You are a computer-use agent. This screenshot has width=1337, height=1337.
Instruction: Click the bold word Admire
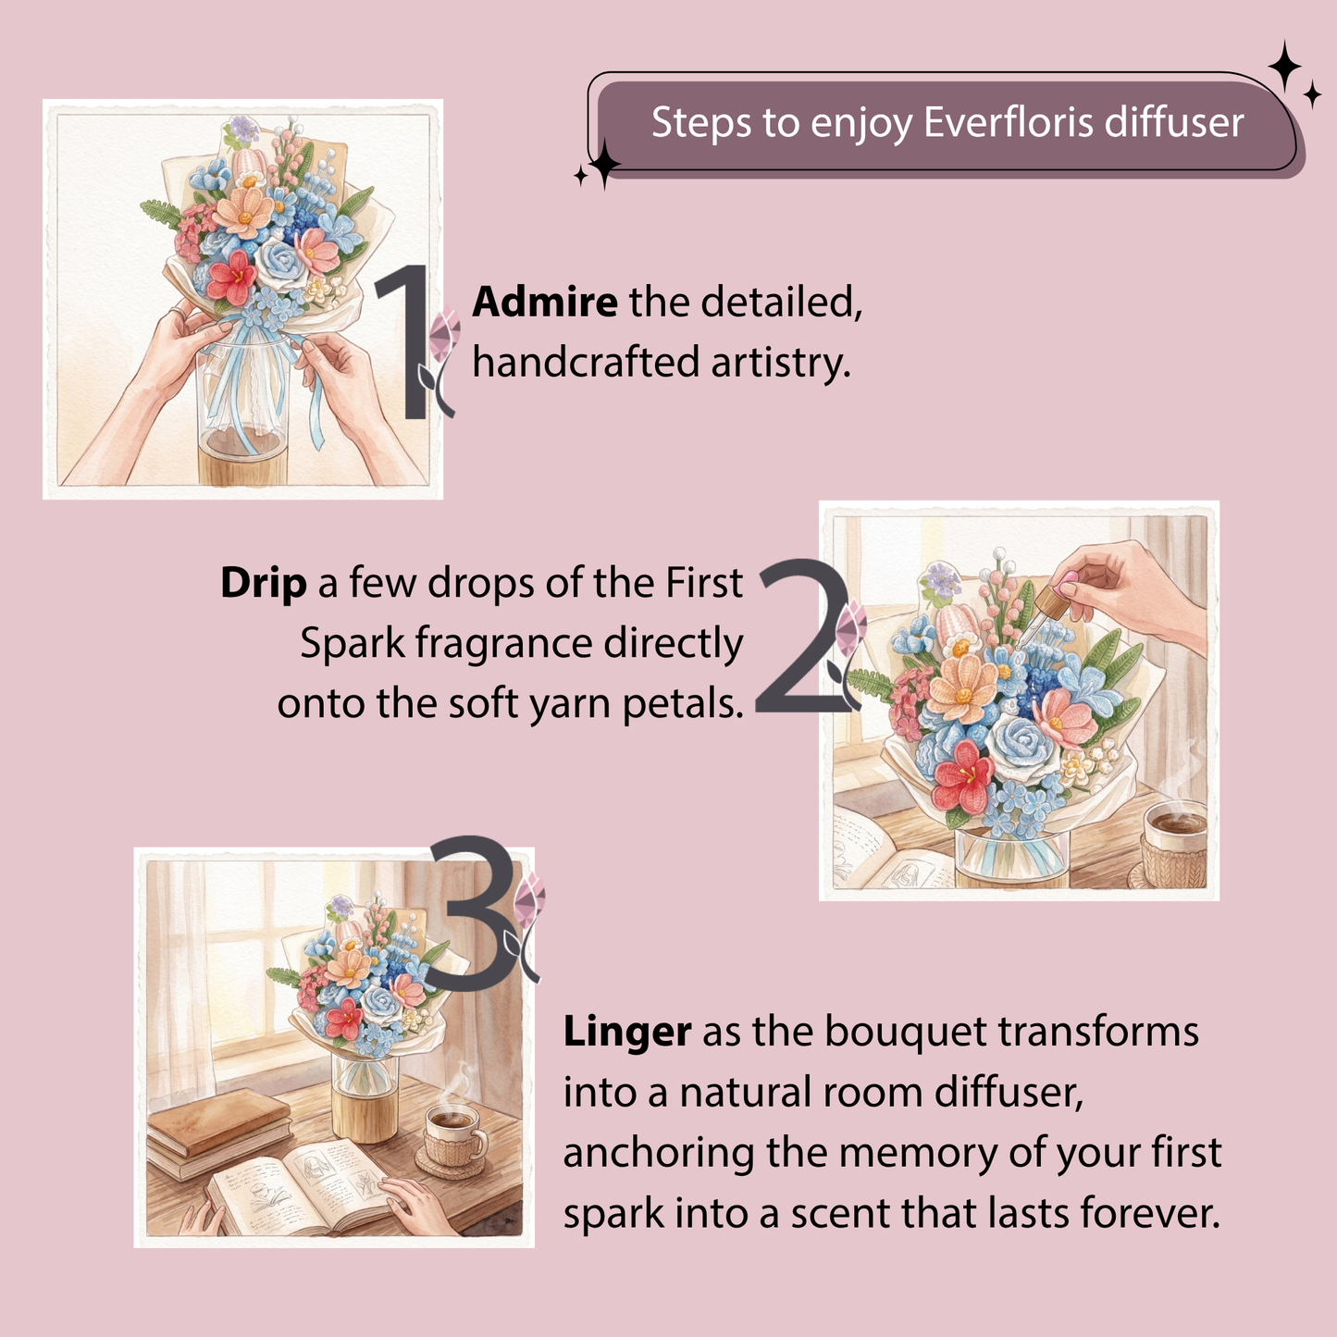click(x=545, y=302)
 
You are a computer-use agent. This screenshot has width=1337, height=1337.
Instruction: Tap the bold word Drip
click(x=264, y=583)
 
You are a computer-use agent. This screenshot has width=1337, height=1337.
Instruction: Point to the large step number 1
click(x=405, y=342)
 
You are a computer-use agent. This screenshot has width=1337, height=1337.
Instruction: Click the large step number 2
click(x=803, y=636)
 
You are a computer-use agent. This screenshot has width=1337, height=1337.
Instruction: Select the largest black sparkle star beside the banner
click(x=1285, y=67)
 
